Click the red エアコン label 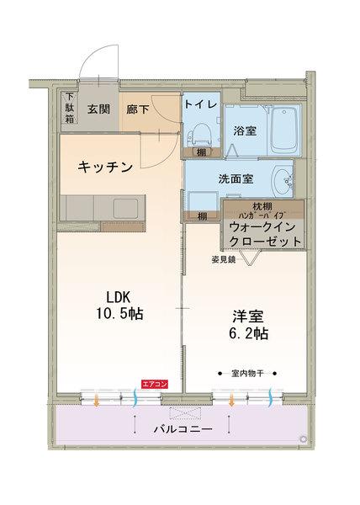pyautogui.click(x=155, y=384)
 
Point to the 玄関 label pyautogui.click(x=98, y=108)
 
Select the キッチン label pyautogui.click(x=105, y=167)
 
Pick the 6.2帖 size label pyautogui.click(x=250, y=333)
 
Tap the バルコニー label pyautogui.click(x=183, y=429)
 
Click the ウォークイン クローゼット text pyautogui.click(x=262, y=233)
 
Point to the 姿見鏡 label pyautogui.click(x=223, y=260)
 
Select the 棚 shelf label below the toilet pyautogui.click(x=202, y=152)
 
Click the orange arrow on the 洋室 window pyautogui.click(x=230, y=400)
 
